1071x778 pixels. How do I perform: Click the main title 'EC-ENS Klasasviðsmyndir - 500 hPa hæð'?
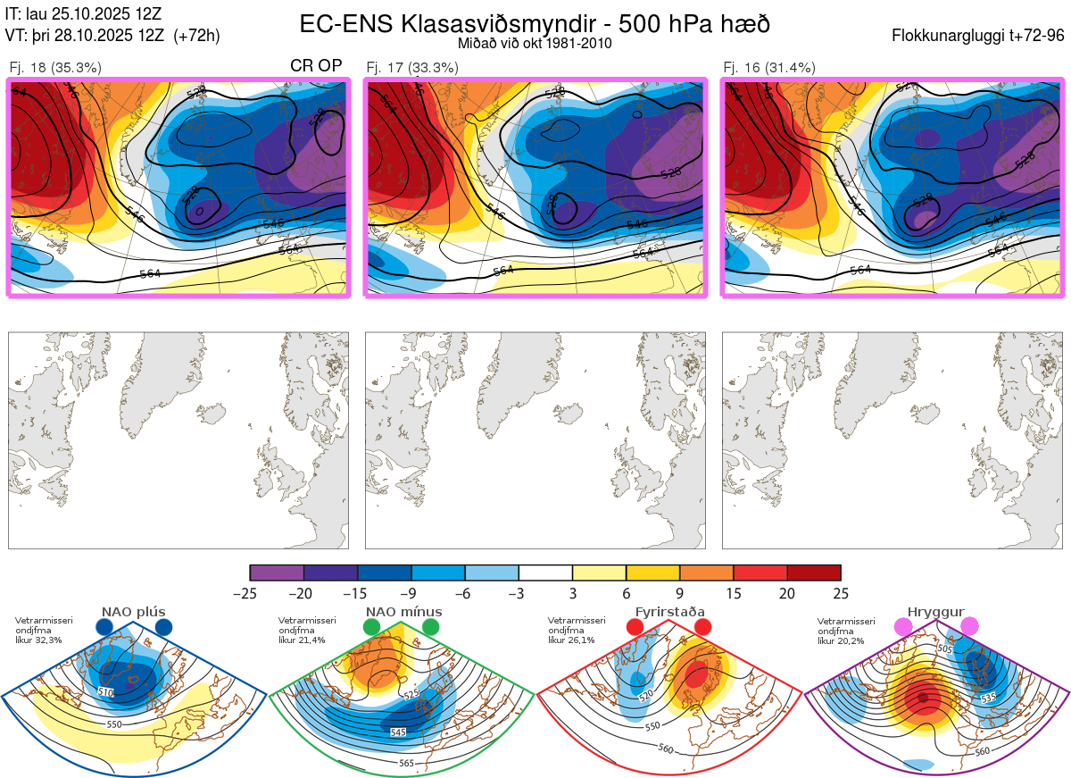pos(535,23)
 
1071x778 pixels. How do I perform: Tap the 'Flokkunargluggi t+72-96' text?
pos(978,36)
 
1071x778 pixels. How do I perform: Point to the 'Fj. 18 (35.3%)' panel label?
pos(54,67)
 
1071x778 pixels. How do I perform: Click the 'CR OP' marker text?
pos(317,66)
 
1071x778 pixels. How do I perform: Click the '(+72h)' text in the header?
pos(196,36)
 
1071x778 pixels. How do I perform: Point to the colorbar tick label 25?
pos(841,593)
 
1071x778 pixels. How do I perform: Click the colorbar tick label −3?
pos(519,593)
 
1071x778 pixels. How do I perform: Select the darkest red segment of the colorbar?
pos(814,573)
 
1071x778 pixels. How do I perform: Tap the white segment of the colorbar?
pos(545,573)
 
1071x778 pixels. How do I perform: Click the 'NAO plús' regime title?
pos(133,612)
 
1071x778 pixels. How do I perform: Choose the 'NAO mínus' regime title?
pos(403,612)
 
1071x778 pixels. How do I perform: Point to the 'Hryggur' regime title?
pos(936,612)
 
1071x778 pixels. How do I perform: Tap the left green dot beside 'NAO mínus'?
pos(371,628)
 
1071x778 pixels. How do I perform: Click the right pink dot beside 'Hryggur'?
pos(969,627)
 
